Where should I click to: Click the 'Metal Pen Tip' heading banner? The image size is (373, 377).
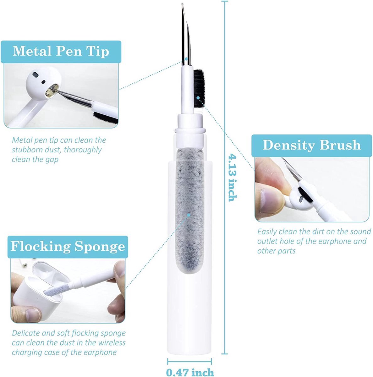(61, 51)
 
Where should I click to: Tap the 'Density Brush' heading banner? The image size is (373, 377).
(311, 145)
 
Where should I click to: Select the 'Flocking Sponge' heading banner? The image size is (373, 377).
(68, 246)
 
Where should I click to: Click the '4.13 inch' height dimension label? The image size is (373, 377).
(233, 177)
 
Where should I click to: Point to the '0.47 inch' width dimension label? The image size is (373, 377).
(190, 372)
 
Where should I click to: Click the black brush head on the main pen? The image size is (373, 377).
(199, 88)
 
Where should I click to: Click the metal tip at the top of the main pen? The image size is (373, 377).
(185, 35)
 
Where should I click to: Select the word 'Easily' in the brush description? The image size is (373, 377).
(267, 232)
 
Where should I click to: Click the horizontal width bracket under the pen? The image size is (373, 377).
(189, 361)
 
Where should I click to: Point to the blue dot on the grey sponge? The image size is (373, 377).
(189, 215)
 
